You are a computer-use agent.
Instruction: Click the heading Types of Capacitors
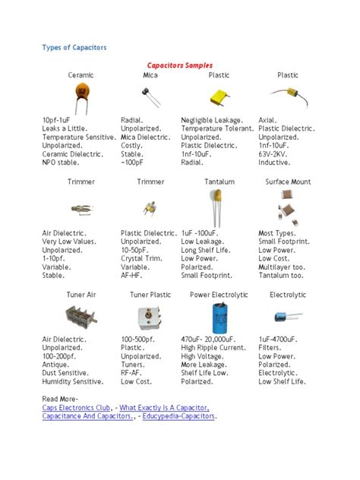(x=74, y=48)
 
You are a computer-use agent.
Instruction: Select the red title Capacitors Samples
(x=180, y=65)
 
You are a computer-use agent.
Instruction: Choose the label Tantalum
(x=219, y=182)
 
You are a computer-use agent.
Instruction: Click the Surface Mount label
(x=288, y=182)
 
